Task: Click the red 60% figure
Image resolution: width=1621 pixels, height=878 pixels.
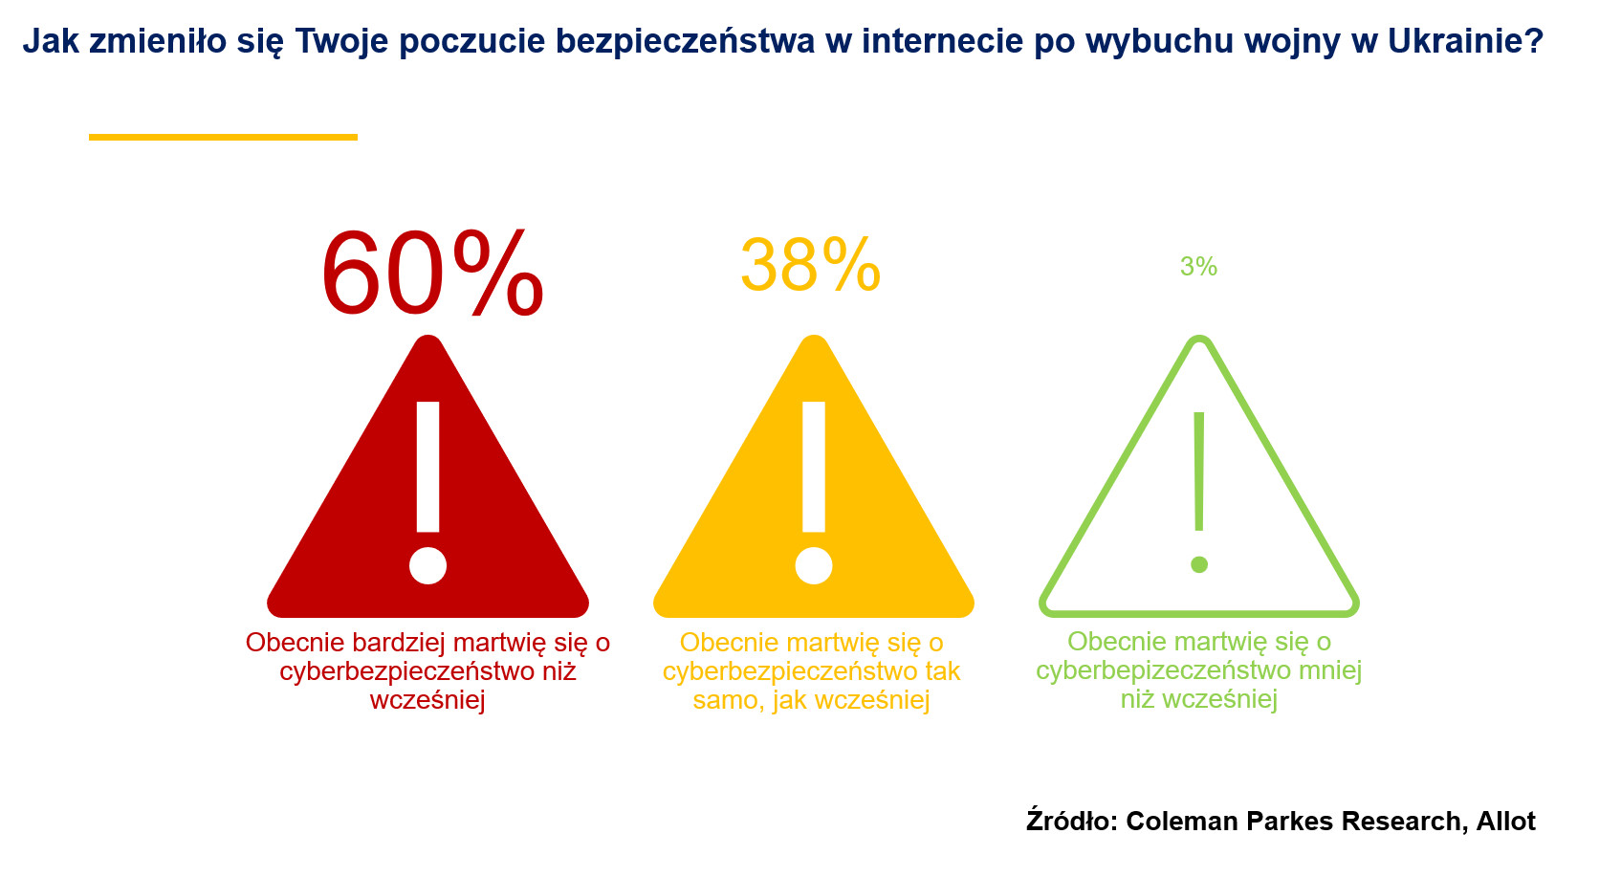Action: (432, 275)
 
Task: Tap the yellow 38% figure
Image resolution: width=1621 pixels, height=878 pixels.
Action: (810, 265)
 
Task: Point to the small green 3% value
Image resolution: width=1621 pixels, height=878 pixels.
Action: (1198, 267)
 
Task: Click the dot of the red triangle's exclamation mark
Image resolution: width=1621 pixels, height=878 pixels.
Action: (427, 565)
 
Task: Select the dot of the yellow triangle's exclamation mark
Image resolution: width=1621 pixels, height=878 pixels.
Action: (814, 565)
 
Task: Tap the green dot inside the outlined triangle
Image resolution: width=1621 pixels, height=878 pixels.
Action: (1199, 565)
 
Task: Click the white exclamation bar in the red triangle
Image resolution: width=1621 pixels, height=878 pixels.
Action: (428, 467)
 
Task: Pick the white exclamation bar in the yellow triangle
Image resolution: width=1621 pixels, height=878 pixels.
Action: (814, 467)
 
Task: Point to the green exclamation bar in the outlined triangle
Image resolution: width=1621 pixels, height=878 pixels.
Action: (1199, 472)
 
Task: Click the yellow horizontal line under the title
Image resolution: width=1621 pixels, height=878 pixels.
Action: (223, 137)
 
